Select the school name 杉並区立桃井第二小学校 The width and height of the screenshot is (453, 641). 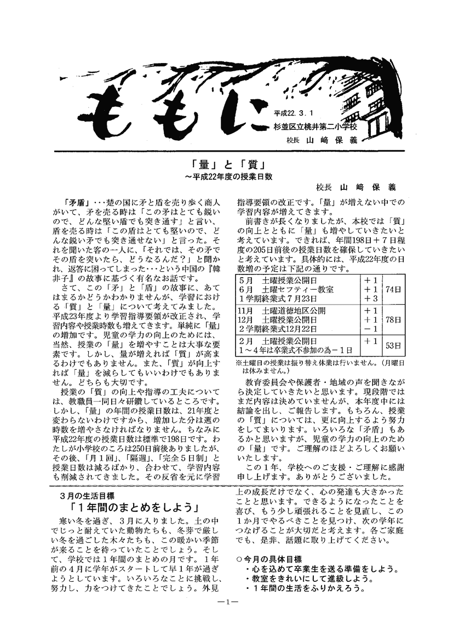click(x=313, y=127)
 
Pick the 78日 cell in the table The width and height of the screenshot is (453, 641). click(x=393, y=319)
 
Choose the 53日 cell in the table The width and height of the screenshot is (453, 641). click(x=393, y=345)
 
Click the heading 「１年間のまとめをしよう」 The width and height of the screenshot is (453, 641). click(x=134, y=506)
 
